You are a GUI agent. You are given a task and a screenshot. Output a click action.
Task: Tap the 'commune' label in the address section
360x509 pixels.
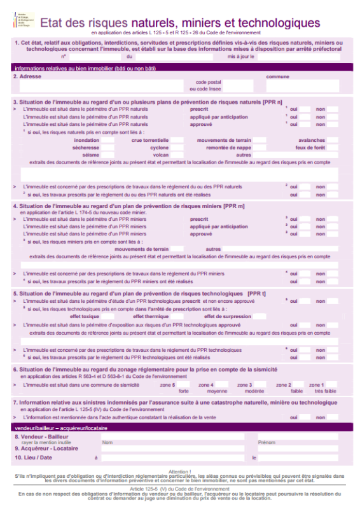tap(277, 76)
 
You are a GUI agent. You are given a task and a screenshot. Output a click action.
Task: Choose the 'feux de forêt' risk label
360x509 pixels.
tap(310, 147)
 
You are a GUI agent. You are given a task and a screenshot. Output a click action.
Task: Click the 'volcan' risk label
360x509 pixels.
tap(161, 155)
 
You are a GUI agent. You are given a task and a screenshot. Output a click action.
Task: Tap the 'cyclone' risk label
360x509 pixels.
tap(159, 147)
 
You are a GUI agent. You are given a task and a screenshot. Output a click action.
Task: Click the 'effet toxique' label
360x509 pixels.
tap(85, 316)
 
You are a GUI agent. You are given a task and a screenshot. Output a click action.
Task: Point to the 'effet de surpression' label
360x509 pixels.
tap(228, 316)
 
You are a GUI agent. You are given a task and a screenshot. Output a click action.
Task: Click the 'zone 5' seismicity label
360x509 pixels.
tap(167, 385)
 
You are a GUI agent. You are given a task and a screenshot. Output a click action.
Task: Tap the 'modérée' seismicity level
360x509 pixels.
tap(246, 391)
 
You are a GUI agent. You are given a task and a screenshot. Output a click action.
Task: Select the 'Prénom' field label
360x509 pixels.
tap(267, 442)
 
